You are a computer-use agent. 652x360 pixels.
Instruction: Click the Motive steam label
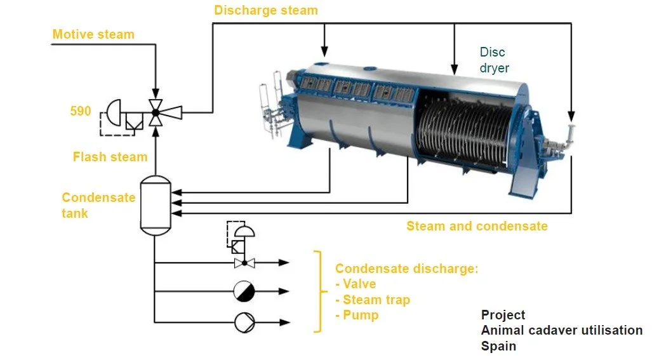93,34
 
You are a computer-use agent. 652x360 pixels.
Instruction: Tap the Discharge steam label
266,10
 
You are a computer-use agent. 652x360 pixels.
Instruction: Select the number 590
81,112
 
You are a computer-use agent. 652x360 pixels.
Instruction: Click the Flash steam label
110,157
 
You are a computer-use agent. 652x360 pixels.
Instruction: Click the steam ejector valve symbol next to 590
155,113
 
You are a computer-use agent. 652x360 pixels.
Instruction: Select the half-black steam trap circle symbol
244,291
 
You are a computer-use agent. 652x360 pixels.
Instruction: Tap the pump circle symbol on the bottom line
244,322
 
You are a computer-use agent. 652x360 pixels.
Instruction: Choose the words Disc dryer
494,60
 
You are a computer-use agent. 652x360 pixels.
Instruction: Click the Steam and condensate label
477,226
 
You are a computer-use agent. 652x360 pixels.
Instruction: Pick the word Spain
498,346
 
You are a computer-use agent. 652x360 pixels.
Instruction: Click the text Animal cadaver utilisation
561,330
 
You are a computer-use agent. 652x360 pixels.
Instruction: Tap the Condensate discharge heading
406,269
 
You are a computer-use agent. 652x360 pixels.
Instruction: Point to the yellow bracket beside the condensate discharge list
318,291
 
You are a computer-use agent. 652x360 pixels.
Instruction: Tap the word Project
503,315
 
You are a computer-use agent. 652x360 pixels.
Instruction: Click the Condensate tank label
98,205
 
